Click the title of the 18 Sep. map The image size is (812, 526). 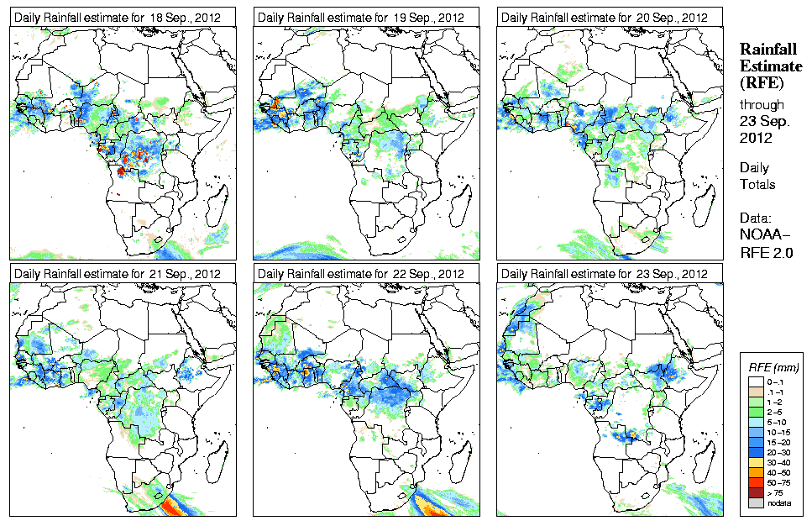pos(118,18)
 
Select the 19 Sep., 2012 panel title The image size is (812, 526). pos(361,18)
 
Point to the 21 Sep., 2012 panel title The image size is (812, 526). pos(118,274)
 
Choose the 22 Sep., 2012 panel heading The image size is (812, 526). pos(361,274)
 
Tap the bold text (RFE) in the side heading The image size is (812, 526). pos(761,82)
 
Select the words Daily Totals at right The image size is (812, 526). pos(757,176)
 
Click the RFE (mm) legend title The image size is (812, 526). pos(773,367)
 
